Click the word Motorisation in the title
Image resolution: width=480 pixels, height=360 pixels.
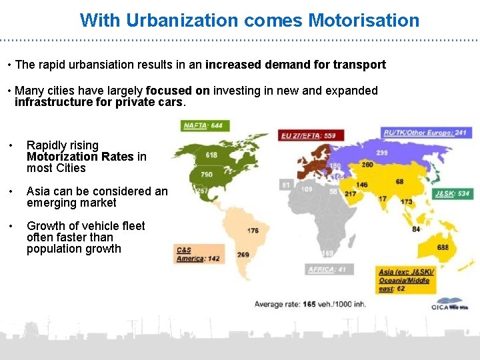click(x=364, y=20)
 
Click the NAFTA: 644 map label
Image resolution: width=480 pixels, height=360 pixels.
click(x=203, y=125)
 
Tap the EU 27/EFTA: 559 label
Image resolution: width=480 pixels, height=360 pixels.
click(x=307, y=135)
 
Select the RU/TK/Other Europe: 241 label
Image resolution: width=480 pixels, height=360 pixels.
click(x=425, y=133)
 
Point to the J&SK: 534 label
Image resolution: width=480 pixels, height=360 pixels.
click(x=451, y=194)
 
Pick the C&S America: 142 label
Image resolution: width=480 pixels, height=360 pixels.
click(x=197, y=255)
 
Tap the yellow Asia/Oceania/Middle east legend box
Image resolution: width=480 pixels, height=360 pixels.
click(x=405, y=280)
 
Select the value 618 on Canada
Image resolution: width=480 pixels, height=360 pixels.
click(x=211, y=155)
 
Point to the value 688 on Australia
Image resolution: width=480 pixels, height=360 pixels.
click(x=443, y=247)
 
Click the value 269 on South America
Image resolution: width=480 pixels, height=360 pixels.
click(x=243, y=255)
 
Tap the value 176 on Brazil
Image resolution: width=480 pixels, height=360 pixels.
click(x=253, y=231)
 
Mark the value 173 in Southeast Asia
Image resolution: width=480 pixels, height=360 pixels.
click(x=406, y=201)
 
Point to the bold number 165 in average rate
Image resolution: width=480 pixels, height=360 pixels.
click(x=309, y=304)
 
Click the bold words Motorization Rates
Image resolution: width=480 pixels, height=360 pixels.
click(x=80, y=157)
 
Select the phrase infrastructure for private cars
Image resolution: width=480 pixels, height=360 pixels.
click(x=99, y=103)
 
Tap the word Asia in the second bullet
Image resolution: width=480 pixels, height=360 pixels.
click(x=39, y=191)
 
